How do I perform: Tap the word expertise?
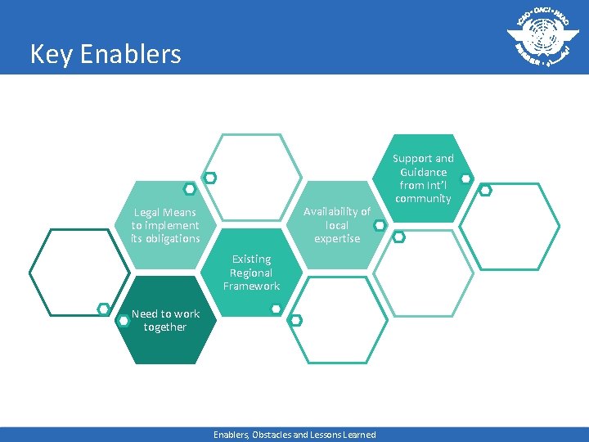[337, 238]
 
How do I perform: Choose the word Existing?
[251, 259]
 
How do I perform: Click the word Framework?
[251, 286]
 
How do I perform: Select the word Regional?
[251, 273]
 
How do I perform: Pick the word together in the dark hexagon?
[165, 327]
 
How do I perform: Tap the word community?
[422, 198]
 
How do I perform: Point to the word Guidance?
[423, 172]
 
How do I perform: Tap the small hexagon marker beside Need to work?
[124, 321]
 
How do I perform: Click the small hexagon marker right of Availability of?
[380, 223]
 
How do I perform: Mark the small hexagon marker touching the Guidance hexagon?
[465, 178]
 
